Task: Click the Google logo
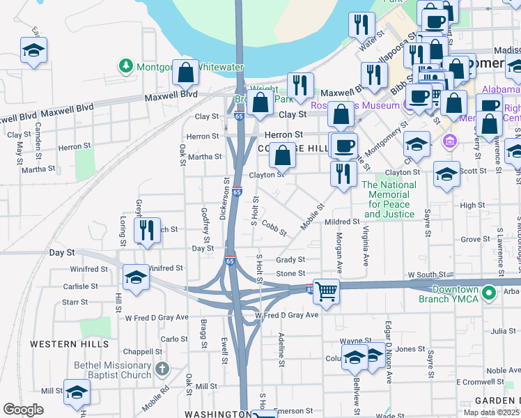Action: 23,410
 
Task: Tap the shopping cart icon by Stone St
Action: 325,291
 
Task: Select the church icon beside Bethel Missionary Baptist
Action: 162,369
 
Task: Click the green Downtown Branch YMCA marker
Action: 489,294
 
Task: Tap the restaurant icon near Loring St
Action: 146,230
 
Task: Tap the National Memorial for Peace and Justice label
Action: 389,199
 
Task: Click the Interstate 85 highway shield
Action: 309,288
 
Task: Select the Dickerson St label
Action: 225,198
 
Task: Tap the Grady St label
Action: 290,260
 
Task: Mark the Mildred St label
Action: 341,222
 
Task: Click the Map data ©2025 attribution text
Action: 492,412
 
